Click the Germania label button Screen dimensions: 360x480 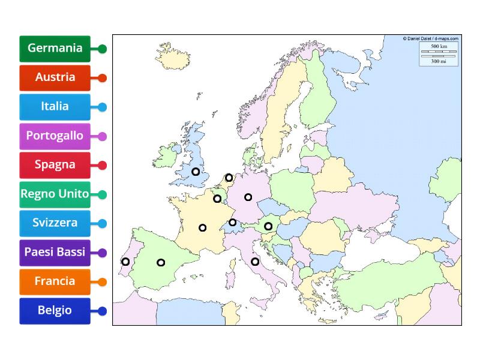(55, 49)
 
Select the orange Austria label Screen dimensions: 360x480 (55, 77)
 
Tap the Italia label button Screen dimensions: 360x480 (55, 107)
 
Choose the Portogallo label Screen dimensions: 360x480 (55, 136)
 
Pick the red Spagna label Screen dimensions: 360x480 (55, 165)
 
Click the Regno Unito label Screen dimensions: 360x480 (55, 194)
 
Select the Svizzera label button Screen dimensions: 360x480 (55, 223)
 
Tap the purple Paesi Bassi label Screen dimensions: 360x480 (55, 252)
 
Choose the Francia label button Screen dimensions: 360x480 (55, 281)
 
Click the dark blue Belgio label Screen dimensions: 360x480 (55, 310)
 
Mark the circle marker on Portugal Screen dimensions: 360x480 (125, 262)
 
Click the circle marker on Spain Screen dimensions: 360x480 (161, 262)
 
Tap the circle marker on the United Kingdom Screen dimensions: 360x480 (196, 172)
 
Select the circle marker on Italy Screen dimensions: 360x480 (255, 262)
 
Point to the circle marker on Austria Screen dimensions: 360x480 (268, 226)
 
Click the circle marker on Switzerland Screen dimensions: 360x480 (233, 223)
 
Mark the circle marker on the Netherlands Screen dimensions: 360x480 (229, 178)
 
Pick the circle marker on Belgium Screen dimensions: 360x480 (217, 199)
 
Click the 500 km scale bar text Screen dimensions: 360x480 (439, 46)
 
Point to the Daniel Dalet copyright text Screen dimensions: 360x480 (430, 38)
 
